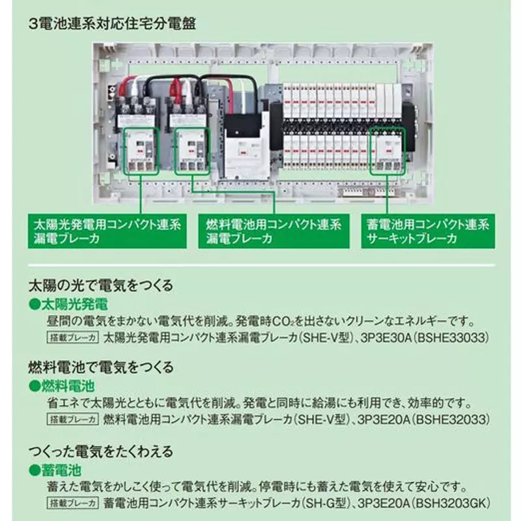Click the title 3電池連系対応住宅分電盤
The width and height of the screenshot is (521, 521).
point(112,24)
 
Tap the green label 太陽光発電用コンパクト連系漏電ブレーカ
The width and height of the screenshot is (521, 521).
point(107,231)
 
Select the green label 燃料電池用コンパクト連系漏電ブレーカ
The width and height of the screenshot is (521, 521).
point(274,231)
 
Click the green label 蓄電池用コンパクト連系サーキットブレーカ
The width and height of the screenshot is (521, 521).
point(428,231)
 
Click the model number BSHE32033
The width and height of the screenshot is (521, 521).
point(451,419)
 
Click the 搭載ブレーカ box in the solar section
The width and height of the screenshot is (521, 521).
point(73,337)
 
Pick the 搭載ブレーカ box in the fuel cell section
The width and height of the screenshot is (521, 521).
point(73,419)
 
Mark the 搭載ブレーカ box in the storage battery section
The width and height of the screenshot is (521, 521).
point(73,503)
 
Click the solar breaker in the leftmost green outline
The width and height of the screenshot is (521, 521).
point(141,151)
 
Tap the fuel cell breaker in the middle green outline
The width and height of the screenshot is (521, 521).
point(192,151)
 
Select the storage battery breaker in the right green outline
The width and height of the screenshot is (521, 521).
point(387,151)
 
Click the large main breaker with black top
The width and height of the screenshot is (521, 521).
point(246,145)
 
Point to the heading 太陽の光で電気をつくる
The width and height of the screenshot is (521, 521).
point(101,285)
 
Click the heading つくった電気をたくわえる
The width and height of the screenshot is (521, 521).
point(101,451)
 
